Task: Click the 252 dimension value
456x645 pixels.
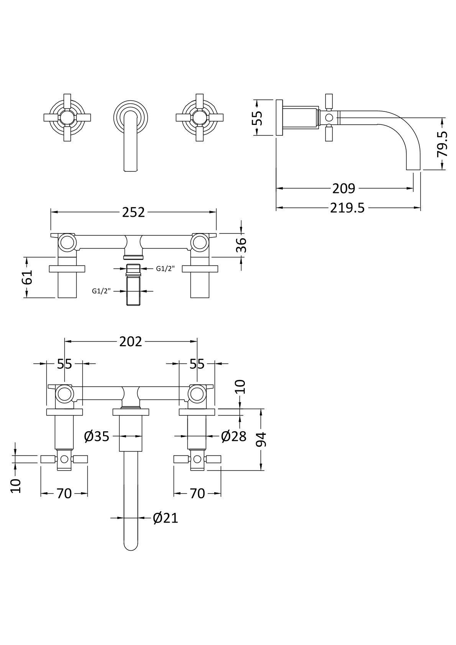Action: [133, 212]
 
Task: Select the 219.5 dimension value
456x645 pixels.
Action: [347, 208]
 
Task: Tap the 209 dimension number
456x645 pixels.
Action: [344, 188]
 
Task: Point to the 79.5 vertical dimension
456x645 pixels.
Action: [443, 144]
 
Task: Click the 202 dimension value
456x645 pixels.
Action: [131, 341]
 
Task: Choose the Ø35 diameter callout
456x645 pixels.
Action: [97, 436]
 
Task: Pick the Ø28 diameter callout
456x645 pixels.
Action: [234, 436]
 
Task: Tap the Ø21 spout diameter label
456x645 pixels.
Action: [166, 518]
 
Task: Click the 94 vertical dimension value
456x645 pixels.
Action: [261, 440]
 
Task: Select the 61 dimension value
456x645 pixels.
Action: [27, 277]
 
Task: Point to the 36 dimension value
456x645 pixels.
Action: [241, 245]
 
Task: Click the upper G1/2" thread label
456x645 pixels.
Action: [165, 268]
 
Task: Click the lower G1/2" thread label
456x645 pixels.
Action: [101, 291]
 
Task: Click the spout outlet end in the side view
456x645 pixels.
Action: [413, 167]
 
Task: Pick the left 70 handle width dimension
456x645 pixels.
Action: [64, 494]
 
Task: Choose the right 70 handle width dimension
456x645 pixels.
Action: [197, 494]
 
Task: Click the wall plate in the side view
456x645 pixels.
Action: [279, 117]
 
